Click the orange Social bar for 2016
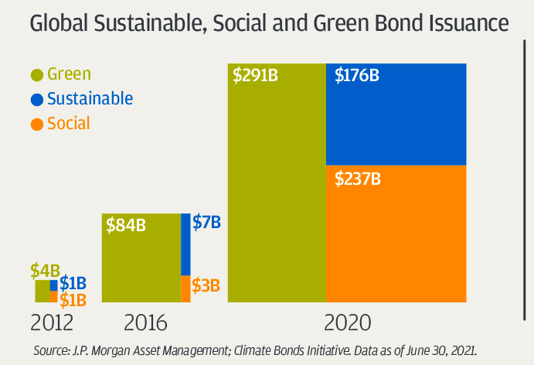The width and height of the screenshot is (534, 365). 185,288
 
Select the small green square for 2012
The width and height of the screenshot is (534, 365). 43,291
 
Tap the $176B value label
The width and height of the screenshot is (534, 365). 357,76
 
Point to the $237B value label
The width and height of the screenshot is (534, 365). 358,179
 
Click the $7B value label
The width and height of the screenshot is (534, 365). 206,223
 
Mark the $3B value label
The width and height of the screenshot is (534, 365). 206,286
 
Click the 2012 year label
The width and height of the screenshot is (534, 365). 53,322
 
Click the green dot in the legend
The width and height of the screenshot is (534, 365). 36,75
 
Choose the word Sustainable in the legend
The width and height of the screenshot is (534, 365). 90,99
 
